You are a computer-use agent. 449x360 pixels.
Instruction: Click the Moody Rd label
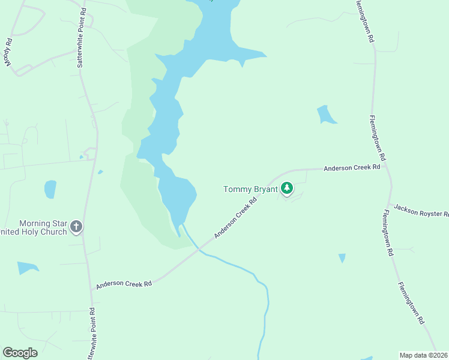[x=9, y=53]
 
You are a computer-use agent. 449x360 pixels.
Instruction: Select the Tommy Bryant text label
[x=250, y=189]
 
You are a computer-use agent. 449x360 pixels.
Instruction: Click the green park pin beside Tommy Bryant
[x=288, y=189]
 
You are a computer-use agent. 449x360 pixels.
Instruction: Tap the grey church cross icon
[x=76, y=227]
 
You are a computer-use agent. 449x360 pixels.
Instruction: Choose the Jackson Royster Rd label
[x=421, y=211]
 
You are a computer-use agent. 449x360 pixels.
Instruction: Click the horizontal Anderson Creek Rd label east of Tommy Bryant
[x=352, y=168]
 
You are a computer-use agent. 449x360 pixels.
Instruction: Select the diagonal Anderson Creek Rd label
[x=236, y=215]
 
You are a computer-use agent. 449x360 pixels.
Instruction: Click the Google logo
[x=20, y=353]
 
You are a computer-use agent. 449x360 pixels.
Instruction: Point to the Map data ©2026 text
[x=424, y=355]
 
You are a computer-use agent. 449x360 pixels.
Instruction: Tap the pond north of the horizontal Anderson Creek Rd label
[x=326, y=115]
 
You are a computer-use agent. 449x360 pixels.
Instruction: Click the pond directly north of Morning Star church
[x=50, y=189]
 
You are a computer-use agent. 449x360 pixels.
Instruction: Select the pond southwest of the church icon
[x=27, y=267]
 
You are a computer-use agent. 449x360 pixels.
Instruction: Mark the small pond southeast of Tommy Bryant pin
[x=342, y=258]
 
